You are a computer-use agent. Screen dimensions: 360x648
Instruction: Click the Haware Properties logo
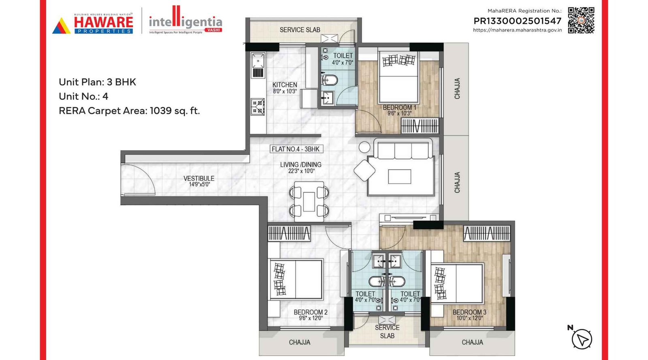[93, 24]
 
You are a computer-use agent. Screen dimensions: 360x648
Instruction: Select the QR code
[581, 20]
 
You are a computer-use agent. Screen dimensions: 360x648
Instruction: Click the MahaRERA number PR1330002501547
[517, 21]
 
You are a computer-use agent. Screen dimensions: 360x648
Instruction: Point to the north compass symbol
[582, 339]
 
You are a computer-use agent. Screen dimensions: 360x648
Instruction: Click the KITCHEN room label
[285, 87]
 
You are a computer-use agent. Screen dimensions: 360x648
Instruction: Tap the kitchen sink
[258, 61]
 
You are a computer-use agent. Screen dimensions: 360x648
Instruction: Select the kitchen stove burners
[258, 107]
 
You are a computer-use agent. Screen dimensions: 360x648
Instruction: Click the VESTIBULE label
[199, 181]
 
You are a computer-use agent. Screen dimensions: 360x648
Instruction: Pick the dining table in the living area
[309, 202]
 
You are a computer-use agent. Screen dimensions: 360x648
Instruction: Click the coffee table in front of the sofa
[399, 177]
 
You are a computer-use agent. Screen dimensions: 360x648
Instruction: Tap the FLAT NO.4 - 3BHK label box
[296, 149]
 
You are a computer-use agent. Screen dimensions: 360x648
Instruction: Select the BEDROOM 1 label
[399, 110]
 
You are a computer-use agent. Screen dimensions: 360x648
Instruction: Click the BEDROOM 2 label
[311, 315]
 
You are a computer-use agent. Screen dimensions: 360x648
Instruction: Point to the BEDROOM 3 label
[469, 315]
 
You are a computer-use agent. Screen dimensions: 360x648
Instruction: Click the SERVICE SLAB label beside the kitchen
[300, 30]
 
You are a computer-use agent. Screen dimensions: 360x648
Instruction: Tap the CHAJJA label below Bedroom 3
[472, 342]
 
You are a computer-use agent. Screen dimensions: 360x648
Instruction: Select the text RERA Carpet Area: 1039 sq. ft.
[129, 111]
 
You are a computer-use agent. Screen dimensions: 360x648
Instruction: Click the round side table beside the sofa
[364, 147]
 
